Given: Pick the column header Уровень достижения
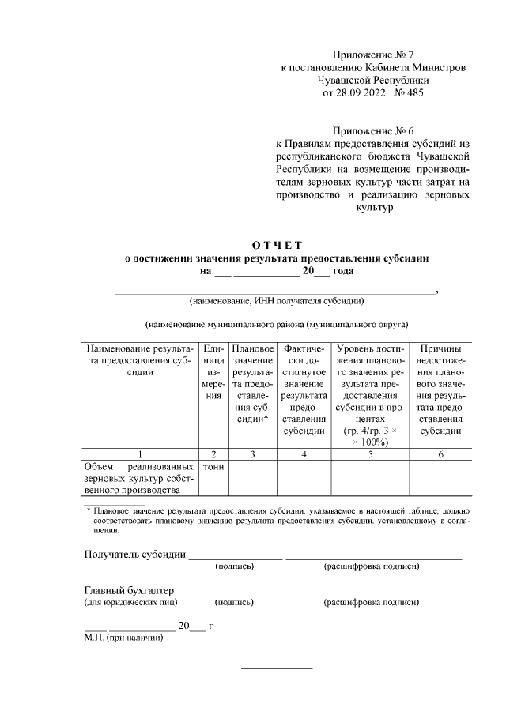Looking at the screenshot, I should (370, 395).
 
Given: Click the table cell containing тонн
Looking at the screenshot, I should (213, 467).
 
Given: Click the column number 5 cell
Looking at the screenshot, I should (370, 454).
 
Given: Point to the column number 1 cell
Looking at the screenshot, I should (138, 454).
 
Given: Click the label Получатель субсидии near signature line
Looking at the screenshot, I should (135, 553).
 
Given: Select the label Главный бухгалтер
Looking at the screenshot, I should (130, 590).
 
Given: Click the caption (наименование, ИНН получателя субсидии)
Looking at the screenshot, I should (276, 301).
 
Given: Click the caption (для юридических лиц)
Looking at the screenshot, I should (130, 603).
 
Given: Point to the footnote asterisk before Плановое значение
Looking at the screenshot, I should (89, 512).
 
